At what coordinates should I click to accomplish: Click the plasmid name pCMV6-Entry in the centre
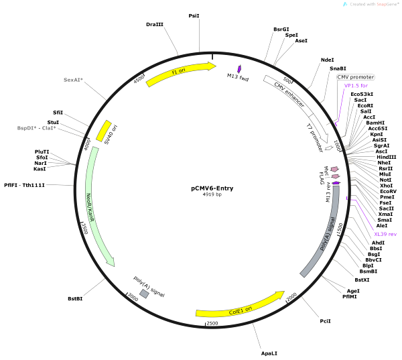[x=212, y=188]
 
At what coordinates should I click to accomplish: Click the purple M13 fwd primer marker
[x=239, y=69]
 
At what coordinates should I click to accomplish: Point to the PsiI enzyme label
[x=194, y=15]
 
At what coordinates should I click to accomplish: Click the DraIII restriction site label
[x=155, y=24]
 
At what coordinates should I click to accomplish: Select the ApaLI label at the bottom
[x=269, y=353]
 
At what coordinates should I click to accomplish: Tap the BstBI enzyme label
[x=76, y=299]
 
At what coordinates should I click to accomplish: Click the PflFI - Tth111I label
[x=24, y=185]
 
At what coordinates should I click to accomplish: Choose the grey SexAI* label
[x=73, y=80]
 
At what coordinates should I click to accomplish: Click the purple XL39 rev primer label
[x=385, y=234]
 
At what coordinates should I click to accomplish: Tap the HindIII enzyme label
[x=386, y=157]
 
